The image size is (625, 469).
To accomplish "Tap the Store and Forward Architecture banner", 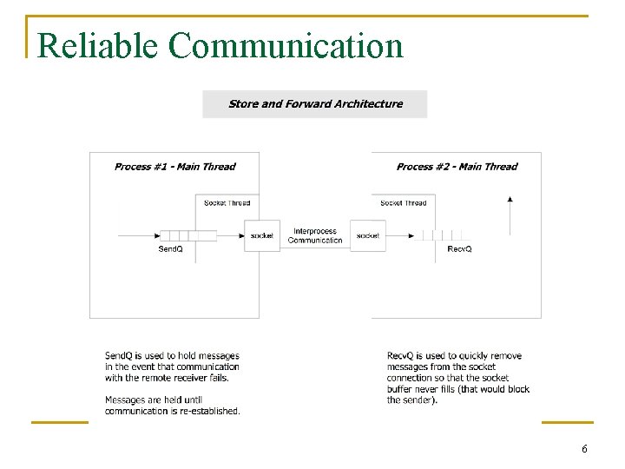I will click(315, 104).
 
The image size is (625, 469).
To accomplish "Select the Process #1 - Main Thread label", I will click(174, 167).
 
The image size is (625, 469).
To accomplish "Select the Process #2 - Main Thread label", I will click(457, 167).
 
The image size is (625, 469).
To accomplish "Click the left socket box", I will click(261, 235).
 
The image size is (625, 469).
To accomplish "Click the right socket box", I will click(368, 235).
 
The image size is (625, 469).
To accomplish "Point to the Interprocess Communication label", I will click(315, 235).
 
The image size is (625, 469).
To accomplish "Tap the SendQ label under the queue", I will click(170, 249).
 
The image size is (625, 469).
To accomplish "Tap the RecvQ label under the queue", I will click(459, 249).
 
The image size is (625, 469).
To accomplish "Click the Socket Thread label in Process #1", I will click(227, 203).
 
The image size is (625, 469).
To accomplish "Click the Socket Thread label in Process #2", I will click(404, 203).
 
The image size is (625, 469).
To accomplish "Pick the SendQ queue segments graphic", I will click(188, 235).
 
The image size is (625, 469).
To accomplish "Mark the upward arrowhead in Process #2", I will click(510, 199).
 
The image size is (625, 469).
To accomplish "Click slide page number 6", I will click(584, 449).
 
